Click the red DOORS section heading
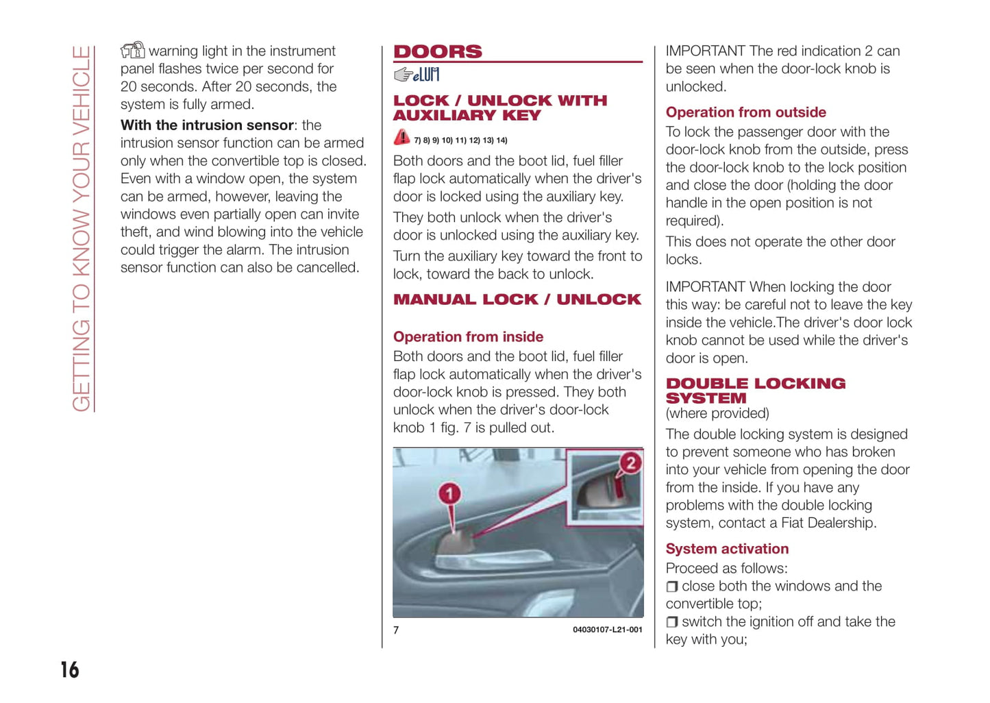point(438,51)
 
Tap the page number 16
point(70,669)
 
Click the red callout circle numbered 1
point(449,493)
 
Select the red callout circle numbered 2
point(630,463)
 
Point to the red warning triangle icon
point(401,138)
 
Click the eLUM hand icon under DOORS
point(417,74)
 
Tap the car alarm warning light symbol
point(133,50)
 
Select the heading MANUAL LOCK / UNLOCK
point(517,299)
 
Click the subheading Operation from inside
point(468,336)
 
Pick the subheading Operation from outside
point(745,112)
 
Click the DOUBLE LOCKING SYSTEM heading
point(755,391)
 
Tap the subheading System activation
point(727,549)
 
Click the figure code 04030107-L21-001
point(607,630)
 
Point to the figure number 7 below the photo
point(396,630)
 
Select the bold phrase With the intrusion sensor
point(207,125)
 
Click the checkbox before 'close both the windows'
point(672,587)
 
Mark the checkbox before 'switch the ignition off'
point(672,622)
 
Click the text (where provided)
point(717,414)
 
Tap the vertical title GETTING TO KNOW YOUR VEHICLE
point(81,230)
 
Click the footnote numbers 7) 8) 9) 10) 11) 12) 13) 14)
point(460,140)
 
